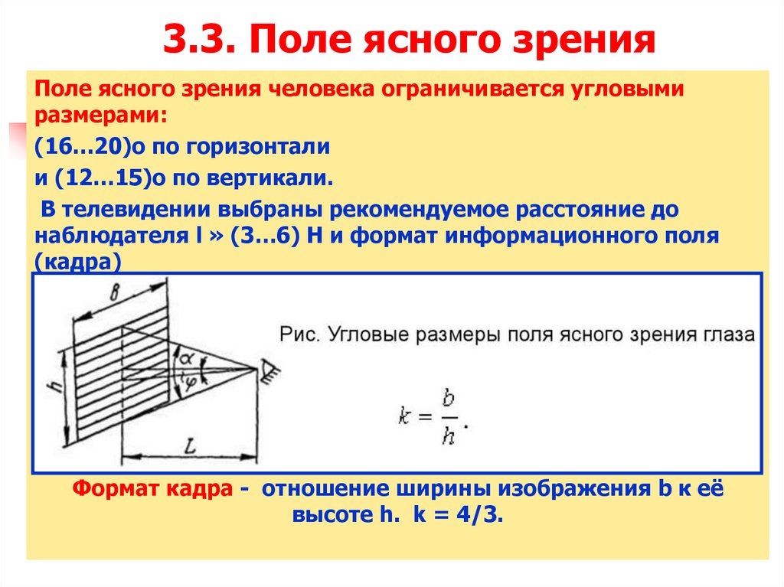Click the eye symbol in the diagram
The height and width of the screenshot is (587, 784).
pos(269,372)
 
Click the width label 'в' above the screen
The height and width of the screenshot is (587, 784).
pos(116,293)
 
